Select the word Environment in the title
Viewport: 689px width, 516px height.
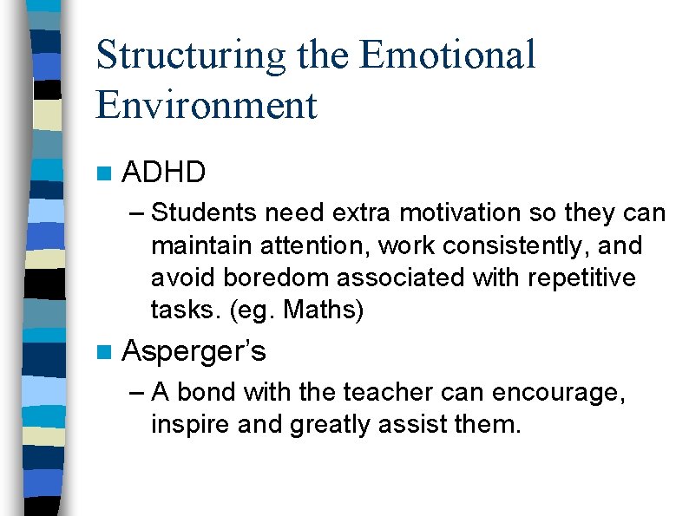click(x=207, y=105)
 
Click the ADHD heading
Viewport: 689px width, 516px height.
click(x=164, y=173)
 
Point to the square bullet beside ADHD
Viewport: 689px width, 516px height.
click(x=105, y=173)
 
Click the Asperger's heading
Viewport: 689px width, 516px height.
click(x=194, y=351)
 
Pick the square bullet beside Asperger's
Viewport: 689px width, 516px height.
click(x=105, y=352)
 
